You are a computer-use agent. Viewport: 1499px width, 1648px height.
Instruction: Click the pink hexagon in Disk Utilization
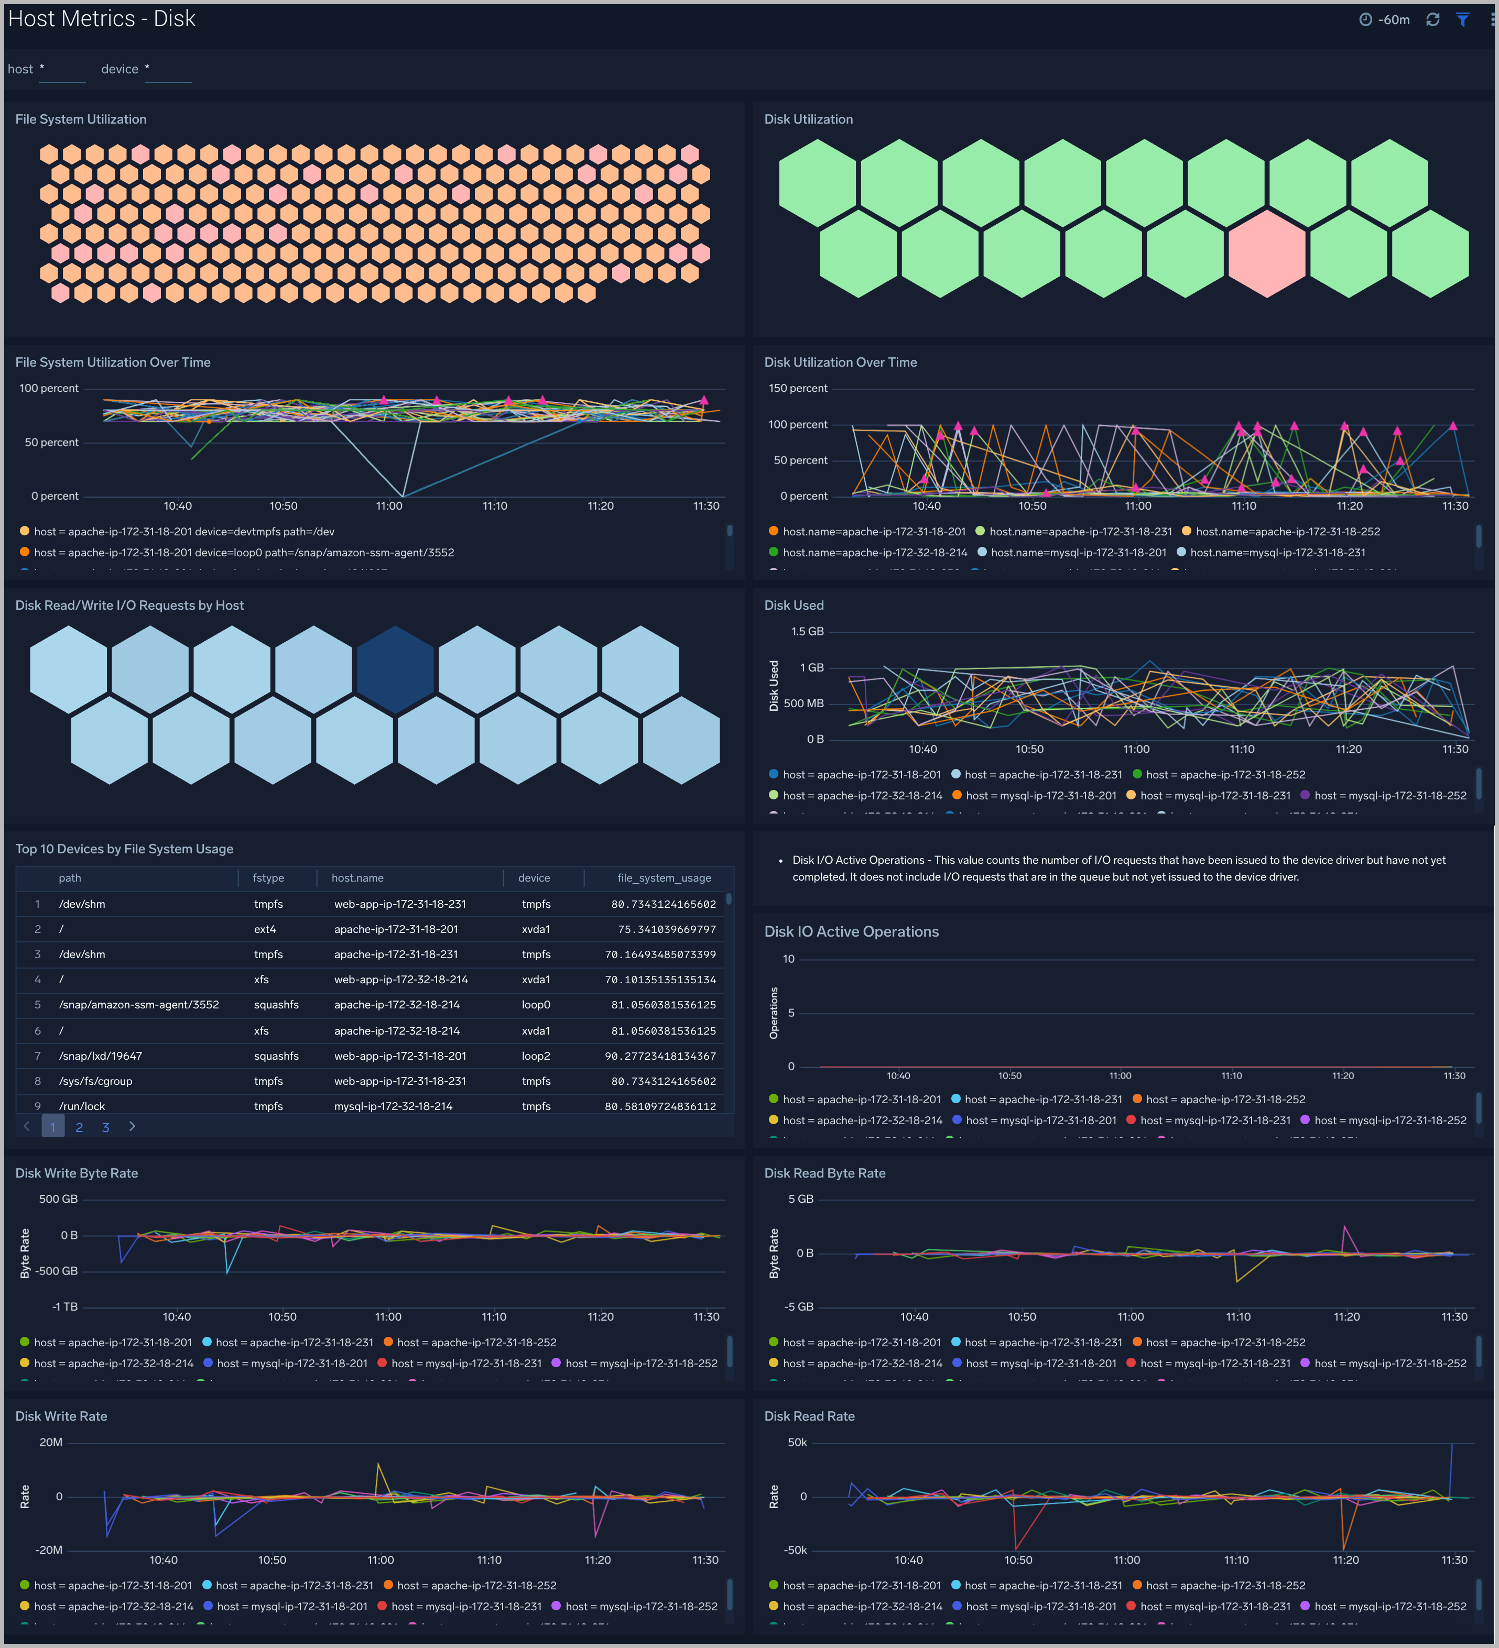coord(1266,254)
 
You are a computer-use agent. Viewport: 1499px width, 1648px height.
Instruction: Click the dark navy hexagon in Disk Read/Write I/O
coord(395,669)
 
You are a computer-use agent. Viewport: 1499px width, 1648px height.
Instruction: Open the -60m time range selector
coord(1385,19)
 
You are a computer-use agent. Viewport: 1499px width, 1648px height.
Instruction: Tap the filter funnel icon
coord(1462,19)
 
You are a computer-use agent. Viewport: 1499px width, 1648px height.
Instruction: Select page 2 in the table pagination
coord(79,1127)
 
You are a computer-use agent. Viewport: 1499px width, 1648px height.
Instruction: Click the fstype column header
coord(268,878)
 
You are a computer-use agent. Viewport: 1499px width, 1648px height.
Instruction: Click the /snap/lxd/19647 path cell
coord(101,1056)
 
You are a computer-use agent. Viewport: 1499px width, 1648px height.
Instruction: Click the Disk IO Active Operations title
coord(851,932)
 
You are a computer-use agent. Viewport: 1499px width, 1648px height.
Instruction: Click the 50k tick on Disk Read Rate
coord(797,1443)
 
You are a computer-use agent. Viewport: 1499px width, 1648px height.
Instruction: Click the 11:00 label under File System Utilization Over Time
coord(389,506)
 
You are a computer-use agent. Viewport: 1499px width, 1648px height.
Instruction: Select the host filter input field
coord(62,70)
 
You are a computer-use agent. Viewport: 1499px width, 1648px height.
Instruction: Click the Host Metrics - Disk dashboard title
coord(101,19)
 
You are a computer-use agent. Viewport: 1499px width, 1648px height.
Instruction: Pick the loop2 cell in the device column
coord(536,1056)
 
